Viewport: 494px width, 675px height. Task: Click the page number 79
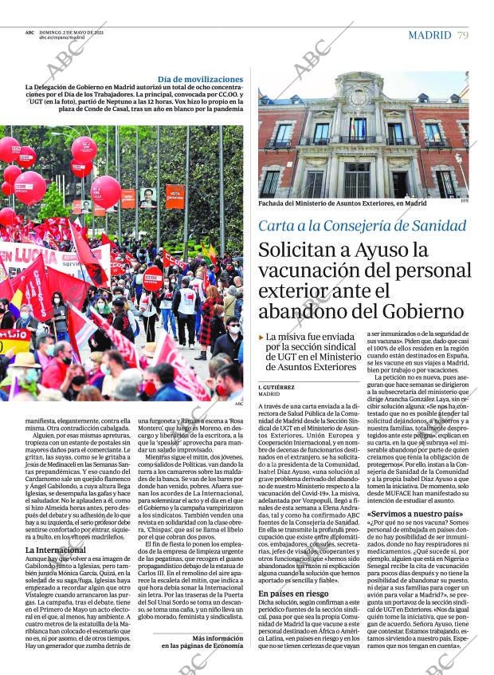pos(463,35)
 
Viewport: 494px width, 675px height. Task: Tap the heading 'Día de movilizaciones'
pos(200,80)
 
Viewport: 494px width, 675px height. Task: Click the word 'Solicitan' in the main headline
pos(300,251)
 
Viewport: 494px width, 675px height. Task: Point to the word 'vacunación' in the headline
pos(309,271)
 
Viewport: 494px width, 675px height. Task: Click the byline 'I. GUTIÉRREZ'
pos(277,386)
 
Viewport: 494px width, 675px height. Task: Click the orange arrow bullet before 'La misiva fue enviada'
pos(261,337)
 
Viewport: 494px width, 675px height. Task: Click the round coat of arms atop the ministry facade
pos(359,95)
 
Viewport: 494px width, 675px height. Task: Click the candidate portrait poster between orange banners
pos(148,197)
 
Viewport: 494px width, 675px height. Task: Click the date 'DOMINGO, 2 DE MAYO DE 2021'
pos(72,32)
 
